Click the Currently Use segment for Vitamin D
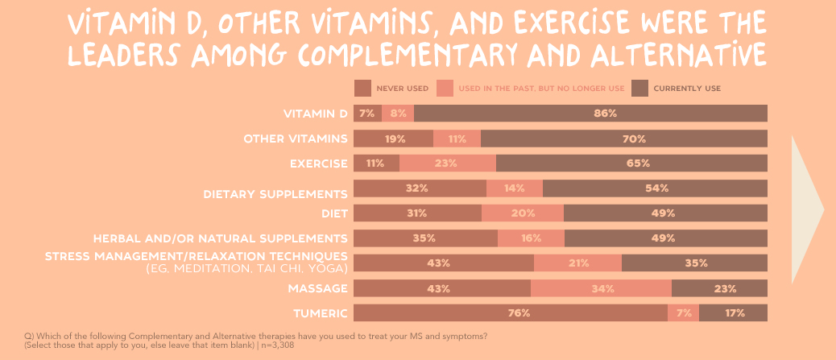[x=590, y=114]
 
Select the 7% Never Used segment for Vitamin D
[x=367, y=114]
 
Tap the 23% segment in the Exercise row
[x=448, y=163]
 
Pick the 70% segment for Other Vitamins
[x=624, y=139]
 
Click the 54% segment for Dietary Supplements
[x=655, y=188]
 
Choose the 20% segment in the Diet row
[x=523, y=213]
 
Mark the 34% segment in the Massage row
[x=601, y=288]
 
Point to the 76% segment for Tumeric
[x=511, y=313]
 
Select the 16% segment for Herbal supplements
[x=531, y=238]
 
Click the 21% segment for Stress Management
[x=577, y=263]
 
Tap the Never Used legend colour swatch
[x=362, y=88]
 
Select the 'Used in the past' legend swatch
[x=445, y=88]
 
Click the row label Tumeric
[x=320, y=313]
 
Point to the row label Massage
[x=318, y=288]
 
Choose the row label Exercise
[x=318, y=163]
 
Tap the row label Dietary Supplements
[x=275, y=193]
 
